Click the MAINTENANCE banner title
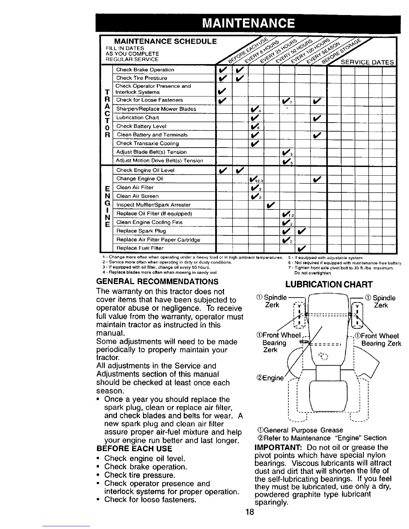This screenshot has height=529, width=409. coord(249,23)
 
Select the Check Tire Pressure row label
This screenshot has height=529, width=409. coord(141,78)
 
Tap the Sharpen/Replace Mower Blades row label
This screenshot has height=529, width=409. coord(156,109)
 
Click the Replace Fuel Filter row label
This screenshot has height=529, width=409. coord(140,248)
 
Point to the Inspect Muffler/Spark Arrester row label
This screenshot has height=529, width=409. coord(153,205)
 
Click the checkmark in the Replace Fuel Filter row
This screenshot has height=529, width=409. coord(302,248)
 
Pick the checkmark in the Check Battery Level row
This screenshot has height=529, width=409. coord(255,126)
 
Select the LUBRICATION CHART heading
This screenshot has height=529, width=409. coord(329,284)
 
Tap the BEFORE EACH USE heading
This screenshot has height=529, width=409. coord(134,449)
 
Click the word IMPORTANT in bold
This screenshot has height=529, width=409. coord(274,448)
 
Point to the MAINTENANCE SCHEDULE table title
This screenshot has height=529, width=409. coord(165,42)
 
